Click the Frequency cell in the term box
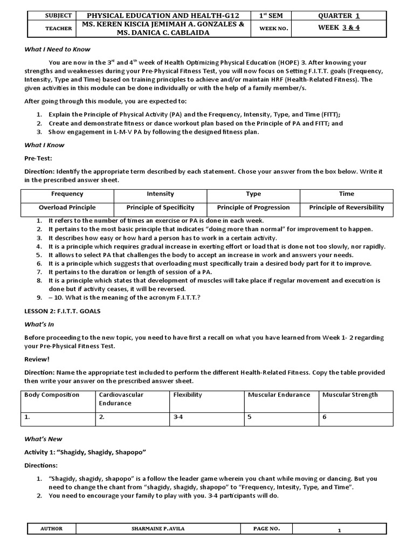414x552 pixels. click(67, 194)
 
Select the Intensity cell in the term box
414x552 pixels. click(160, 194)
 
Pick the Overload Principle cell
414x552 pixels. click(67, 208)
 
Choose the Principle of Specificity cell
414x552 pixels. click(160, 208)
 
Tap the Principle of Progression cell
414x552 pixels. click(253, 208)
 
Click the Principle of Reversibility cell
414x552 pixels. click(347, 208)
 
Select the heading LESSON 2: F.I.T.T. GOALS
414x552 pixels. click(63, 311)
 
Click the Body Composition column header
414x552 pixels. click(52, 395)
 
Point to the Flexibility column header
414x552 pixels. click(188, 395)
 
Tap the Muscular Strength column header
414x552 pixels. click(350, 395)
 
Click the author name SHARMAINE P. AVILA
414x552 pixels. click(165, 529)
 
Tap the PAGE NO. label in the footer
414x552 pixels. click(266, 529)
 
